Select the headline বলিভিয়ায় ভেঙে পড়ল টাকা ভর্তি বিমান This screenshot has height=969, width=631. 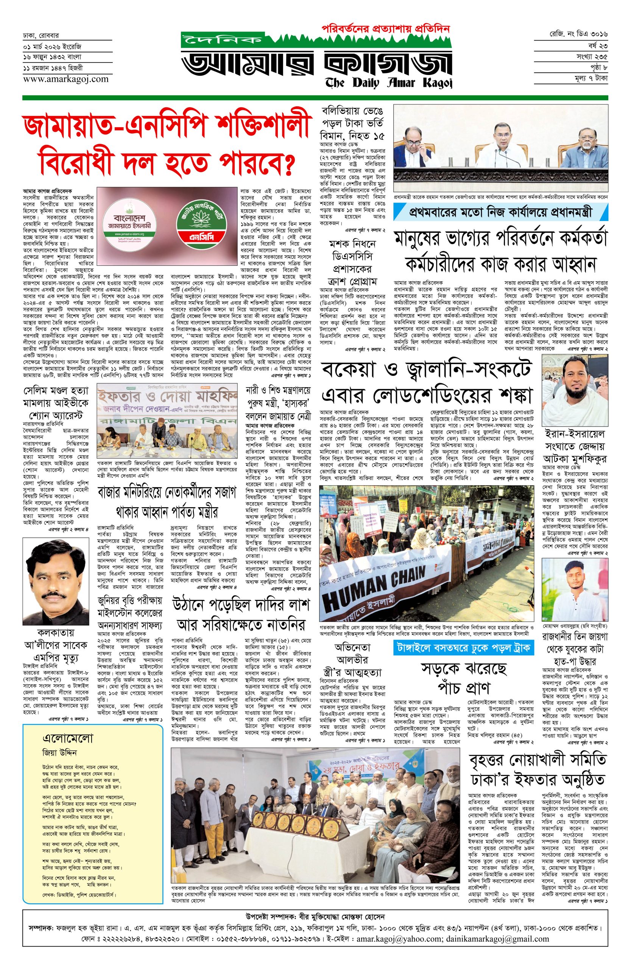point(352,123)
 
